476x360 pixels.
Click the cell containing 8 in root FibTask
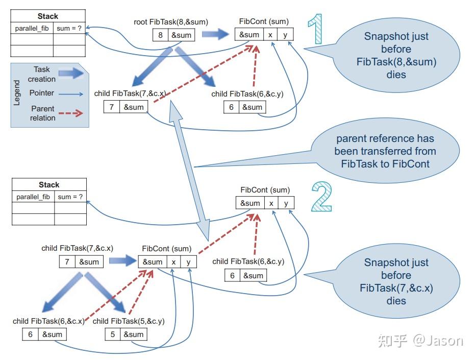click(x=160, y=35)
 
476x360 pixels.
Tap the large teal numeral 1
click(x=315, y=29)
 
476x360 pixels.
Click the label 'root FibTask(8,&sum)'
click(x=171, y=22)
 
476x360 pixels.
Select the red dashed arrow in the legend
click(x=71, y=113)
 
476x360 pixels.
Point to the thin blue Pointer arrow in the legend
click(x=71, y=94)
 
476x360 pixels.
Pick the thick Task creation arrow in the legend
click(x=71, y=73)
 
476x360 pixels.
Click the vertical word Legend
click(x=17, y=93)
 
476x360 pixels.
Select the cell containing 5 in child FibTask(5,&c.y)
click(x=113, y=334)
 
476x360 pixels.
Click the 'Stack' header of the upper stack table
click(x=48, y=16)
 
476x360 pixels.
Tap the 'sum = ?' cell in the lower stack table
click(x=70, y=197)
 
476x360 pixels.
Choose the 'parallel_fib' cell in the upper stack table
click(x=32, y=28)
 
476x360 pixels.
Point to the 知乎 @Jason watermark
click(x=420, y=341)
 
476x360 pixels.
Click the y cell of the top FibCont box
click(x=285, y=35)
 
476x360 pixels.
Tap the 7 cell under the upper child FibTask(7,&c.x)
click(x=112, y=107)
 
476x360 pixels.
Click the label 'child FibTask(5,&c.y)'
click(x=129, y=321)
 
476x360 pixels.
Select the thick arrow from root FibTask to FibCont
click(x=215, y=34)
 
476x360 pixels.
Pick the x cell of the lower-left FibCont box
click(x=173, y=262)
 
